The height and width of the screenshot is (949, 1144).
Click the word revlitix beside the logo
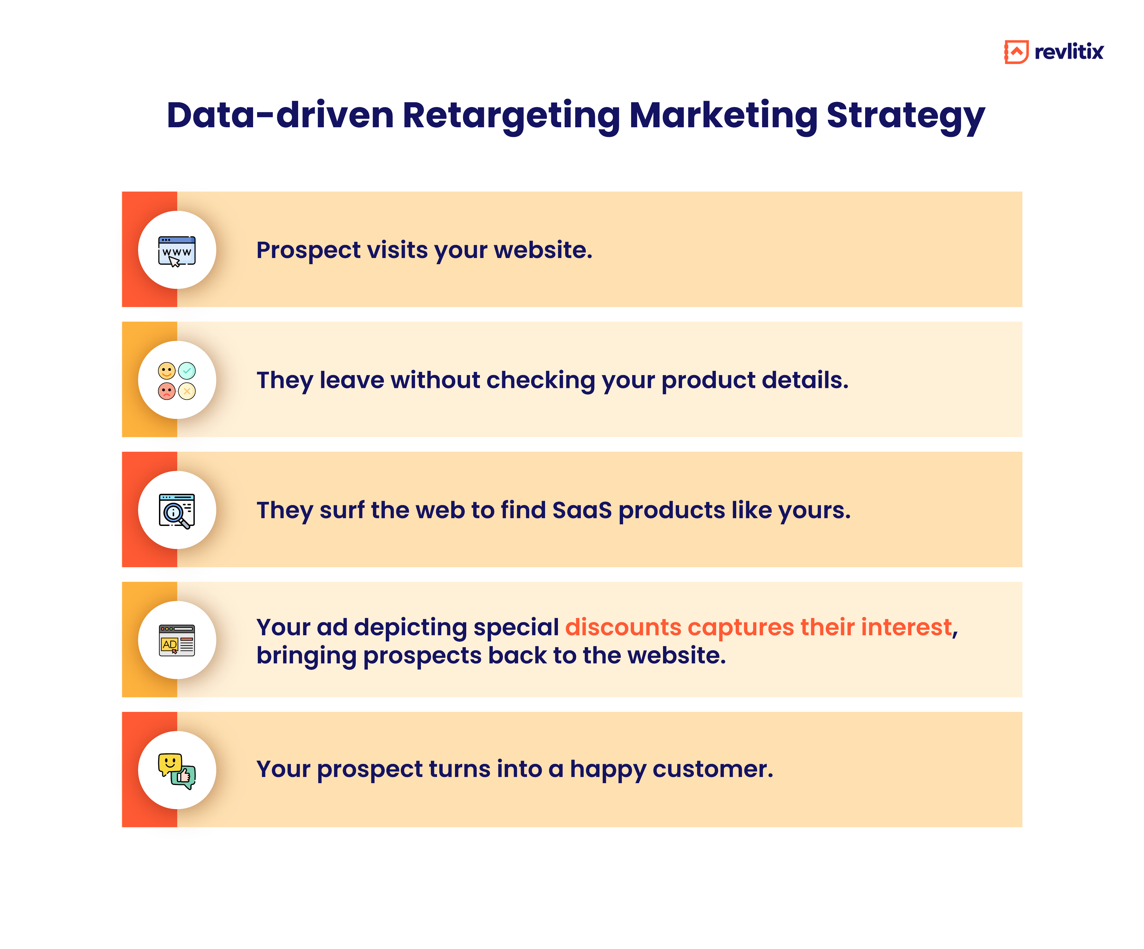tap(1069, 52)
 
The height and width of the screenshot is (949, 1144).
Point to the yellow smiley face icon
tap(167, 371)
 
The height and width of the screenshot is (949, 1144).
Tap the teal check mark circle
tap(187, 371)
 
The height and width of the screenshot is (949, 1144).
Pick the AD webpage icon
tap(176, 640)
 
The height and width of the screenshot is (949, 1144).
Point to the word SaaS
tap(582, 511)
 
